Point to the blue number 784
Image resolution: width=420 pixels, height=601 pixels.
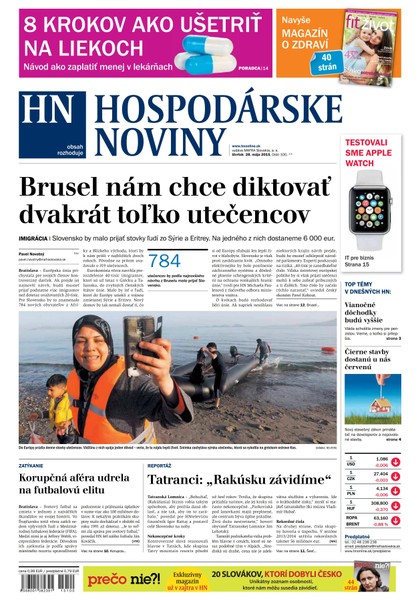point(164,261)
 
